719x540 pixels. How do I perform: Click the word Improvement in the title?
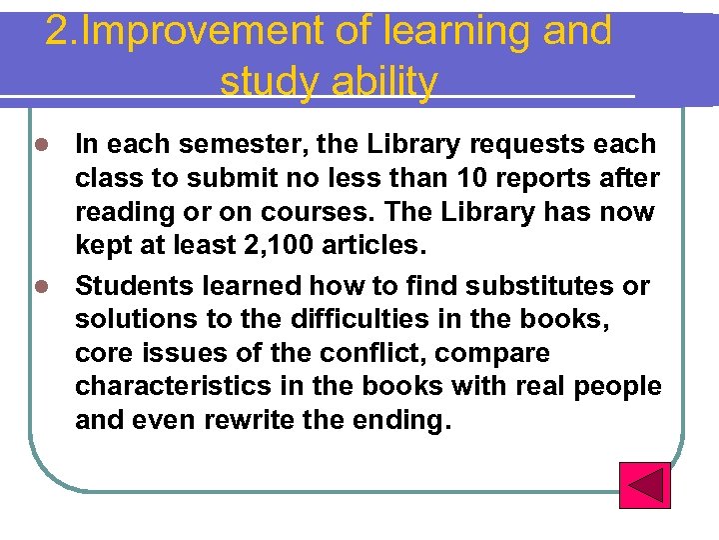[x=199, y=31]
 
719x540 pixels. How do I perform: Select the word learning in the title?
[x=462, y=31]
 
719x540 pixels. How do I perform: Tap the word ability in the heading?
[x=383, y=82]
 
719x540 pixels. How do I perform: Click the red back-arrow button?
[x=644, y=485]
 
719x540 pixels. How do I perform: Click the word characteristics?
[x=166, y=387]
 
